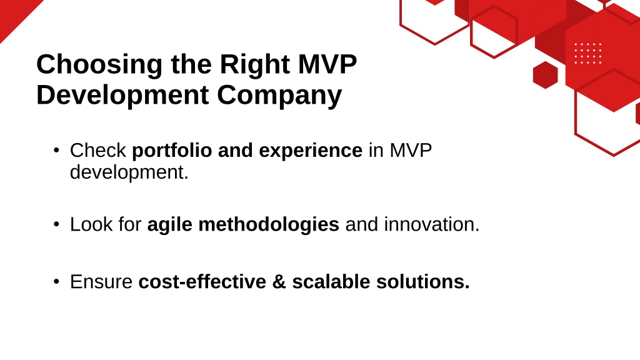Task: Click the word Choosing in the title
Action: pos(99,65)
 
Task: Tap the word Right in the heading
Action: pos(255,65)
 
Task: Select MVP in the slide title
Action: pos(327,64)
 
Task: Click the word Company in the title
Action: pos(279,96)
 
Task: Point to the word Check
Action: pos(98,150)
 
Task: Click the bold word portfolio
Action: pos(172,151)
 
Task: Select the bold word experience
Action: pos(311,151)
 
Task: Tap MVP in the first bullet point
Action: pos(411,150)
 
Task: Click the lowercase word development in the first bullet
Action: pos(129,172)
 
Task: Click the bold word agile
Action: pos(169,225)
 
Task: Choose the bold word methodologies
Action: pos(269,224)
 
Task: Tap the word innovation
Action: pos(432,224)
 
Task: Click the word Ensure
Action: pos(101,282)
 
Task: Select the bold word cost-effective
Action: pos(202,282)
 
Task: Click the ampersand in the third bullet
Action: pos(279,282)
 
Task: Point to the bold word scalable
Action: pos(331,282)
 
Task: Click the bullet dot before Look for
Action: pos(56,224)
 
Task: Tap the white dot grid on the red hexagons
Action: pos(587,54)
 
